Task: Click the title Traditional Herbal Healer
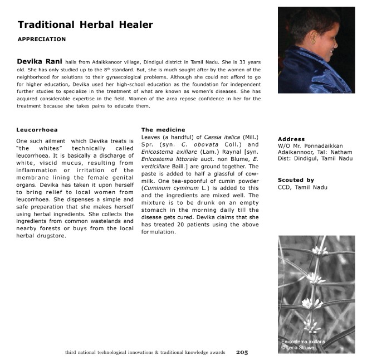[x=85, y=25]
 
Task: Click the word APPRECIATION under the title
[x=42, y=40]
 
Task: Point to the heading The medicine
[x=163, y=130]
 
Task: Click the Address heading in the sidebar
[x=291, y=139]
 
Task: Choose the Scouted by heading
[x=296, y=180]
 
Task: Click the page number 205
[x=242, y=352]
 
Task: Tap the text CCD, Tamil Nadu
[x=302, y=187]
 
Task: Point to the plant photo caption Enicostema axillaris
[x=304, y=341]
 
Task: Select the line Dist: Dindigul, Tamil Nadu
[x=315, y=159]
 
